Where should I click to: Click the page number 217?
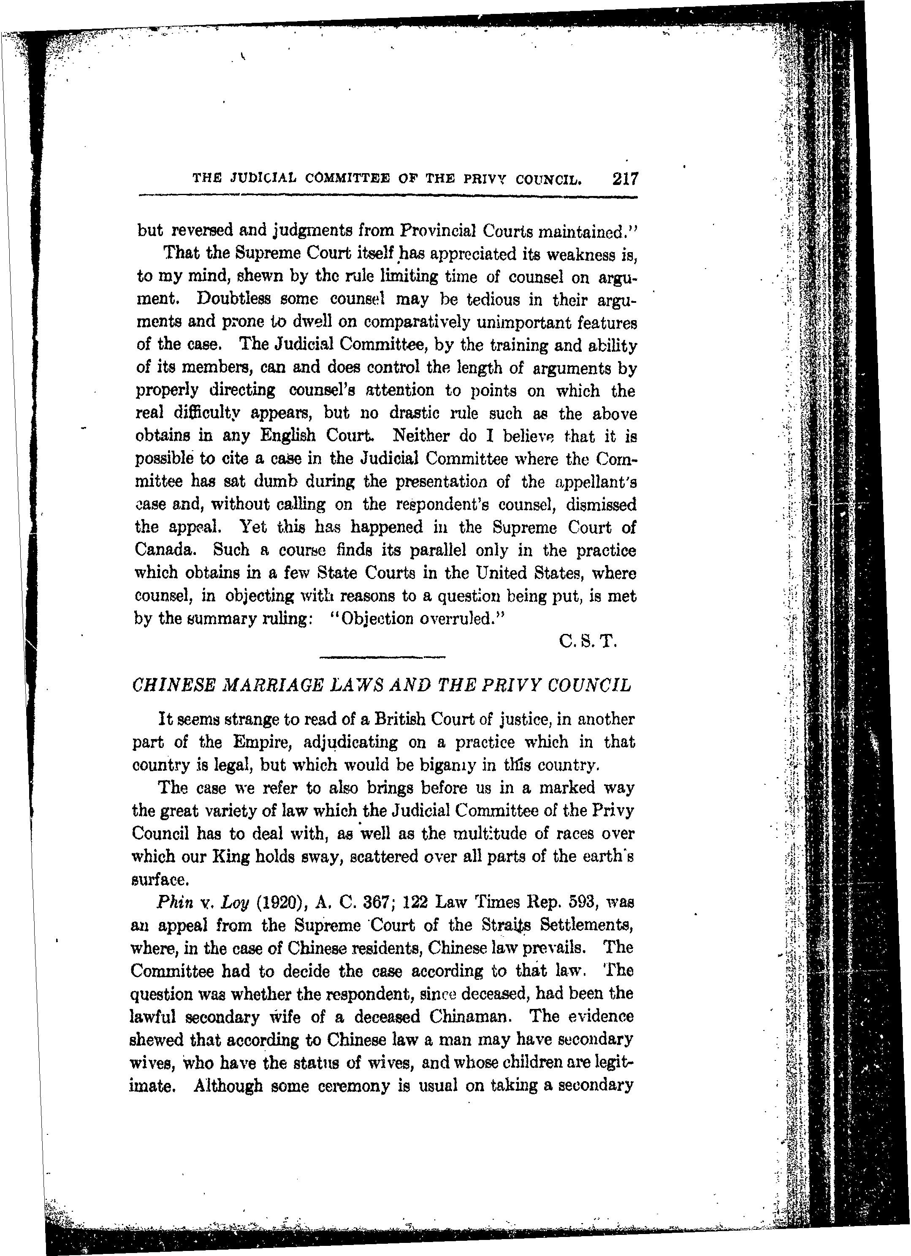625,179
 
